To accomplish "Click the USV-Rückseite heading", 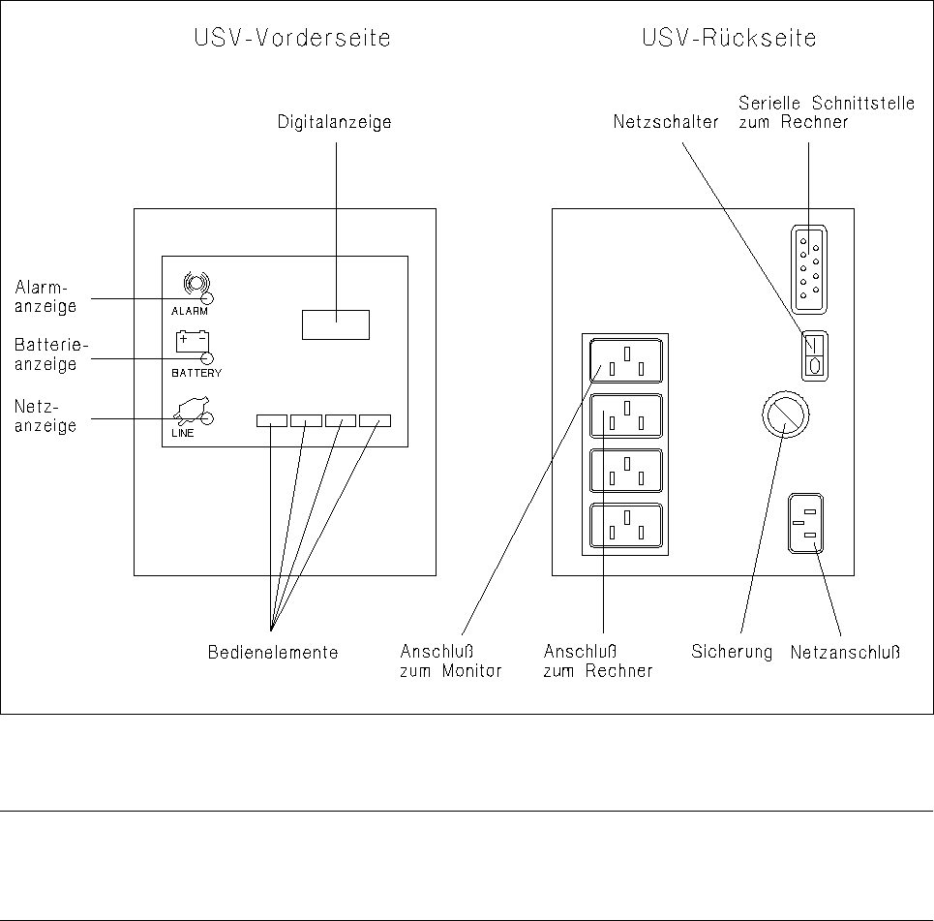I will click(x=730, y=40).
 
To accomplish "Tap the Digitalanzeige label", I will click(x=335, y=123).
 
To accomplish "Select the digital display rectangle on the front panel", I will click(x=336, y=324).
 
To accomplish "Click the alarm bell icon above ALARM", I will click(x=195, y=283).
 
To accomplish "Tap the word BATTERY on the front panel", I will click(x=196, y=373).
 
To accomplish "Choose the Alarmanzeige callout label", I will click(x=45, y=296).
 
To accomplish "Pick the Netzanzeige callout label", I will click(x=45, y=415).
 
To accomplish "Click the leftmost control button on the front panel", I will click(x=272, y=420).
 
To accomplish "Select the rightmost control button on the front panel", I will click(x=375, y=420).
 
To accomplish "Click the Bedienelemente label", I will click(x=273, y=653).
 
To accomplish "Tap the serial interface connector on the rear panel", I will click(x=807, y=269).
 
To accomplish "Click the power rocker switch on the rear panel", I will click(x=813, y=355).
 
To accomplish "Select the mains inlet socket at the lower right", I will click(x=807, y=524).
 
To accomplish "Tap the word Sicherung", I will click(x=732, y=652).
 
